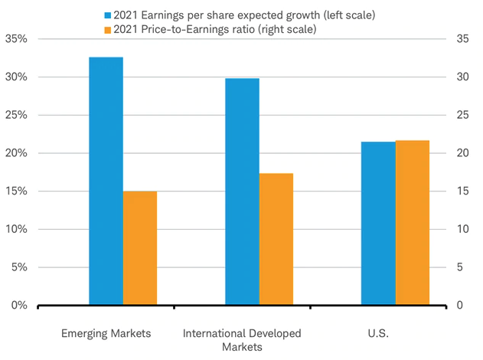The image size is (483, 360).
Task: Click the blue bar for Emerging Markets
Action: (106, 181)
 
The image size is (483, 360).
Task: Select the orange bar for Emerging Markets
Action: (139, 248)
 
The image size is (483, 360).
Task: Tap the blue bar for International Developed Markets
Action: (242, 191)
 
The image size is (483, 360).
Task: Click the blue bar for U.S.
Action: (378, 223)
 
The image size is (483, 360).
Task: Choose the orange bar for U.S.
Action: (412, 222)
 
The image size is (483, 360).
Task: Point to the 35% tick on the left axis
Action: (17, 39)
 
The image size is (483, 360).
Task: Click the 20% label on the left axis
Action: (17, 153)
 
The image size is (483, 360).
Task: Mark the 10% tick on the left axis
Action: (17, 229)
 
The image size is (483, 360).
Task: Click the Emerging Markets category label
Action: (106, 334)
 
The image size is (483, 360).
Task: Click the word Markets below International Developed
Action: (242, 347)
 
